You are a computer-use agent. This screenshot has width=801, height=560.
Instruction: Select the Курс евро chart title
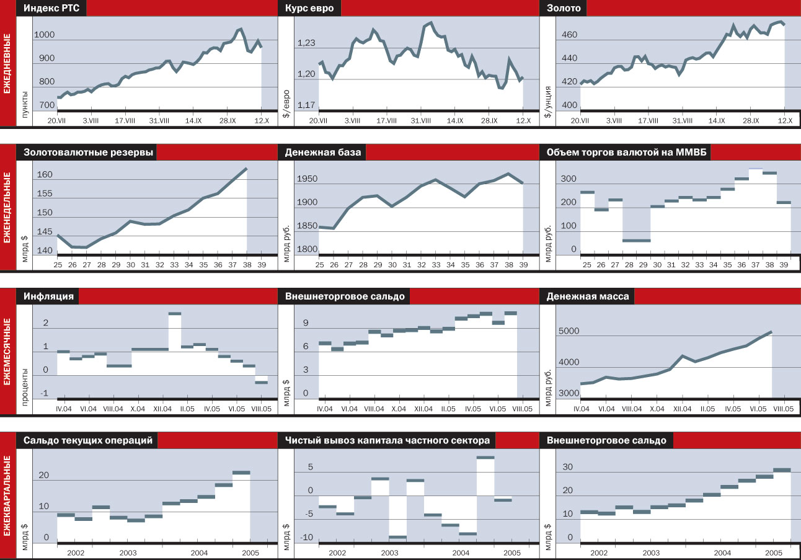click(310, 8)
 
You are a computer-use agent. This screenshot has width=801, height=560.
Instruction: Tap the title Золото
click(564, 8)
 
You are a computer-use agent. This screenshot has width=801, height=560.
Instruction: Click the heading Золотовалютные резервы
click(89, 153)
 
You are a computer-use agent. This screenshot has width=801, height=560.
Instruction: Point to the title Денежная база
click(322, 153)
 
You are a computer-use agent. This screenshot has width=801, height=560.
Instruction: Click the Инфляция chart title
click(49, 296)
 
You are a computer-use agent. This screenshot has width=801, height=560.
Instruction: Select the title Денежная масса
click(588, 296)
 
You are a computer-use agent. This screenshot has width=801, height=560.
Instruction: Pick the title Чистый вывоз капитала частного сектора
click(387, 440)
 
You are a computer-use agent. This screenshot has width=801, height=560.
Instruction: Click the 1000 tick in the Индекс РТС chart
click(44, 35)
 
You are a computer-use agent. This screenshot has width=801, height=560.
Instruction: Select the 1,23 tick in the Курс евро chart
click(306, 43)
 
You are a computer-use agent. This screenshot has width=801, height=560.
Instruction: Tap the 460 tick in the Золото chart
click(569, 35)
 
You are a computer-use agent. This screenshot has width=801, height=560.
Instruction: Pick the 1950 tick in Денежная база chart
click(306, 179)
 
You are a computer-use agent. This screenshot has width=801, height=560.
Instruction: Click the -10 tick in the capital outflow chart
click(306, 538)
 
